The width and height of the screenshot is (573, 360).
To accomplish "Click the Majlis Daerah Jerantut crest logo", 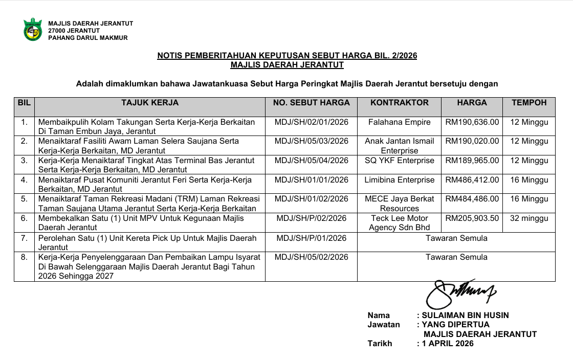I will [x=32, y=29].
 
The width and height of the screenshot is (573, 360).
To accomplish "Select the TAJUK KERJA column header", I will [x=149, y=103].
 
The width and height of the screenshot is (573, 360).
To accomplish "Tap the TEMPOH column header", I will [x=529, y=103].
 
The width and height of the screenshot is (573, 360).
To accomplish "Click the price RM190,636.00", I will [x=472, y=122].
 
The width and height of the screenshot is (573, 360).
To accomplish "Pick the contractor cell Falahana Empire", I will [x=399, y=122].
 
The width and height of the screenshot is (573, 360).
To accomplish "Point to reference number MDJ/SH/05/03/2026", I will [x=311, y=141].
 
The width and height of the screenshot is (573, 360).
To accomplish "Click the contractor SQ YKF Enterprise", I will [x=399, y=161].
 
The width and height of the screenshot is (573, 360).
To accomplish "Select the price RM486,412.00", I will [x=472, y=180].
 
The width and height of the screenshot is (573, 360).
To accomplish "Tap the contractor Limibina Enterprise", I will [x=399, y=180].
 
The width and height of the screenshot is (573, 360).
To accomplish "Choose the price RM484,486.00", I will [x=472, y=199].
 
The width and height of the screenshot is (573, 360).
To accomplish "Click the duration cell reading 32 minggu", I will [x=529, y=218].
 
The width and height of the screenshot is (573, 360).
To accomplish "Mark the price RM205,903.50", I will [x=472, y=218].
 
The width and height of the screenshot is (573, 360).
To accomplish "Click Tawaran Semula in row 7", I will [x=456, y=238].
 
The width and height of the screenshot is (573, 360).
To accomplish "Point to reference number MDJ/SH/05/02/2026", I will [x=311, y=257].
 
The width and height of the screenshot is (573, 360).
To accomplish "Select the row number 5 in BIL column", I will [x=24, y=199].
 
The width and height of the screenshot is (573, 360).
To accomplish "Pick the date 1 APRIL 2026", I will [x=448, y=344].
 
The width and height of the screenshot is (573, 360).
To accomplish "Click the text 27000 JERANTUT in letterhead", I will [x=74, y=31].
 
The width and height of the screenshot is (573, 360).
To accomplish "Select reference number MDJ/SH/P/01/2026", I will [x=311, y=238].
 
